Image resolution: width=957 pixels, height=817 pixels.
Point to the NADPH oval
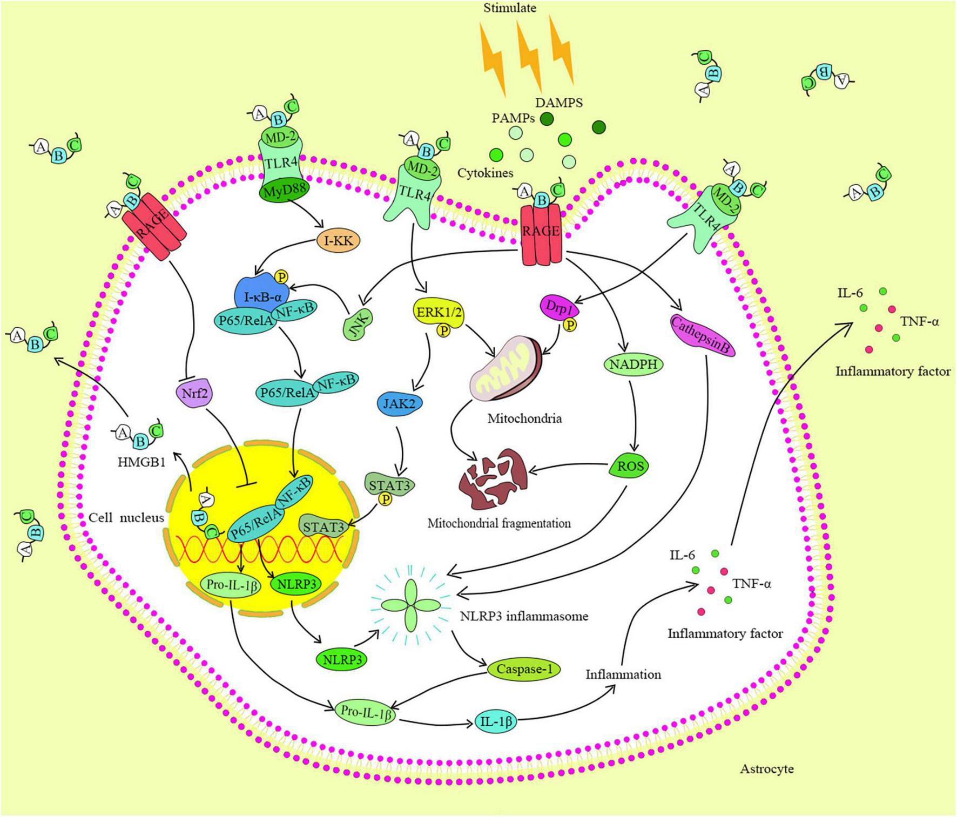pyautogui.click(x=632, y=364)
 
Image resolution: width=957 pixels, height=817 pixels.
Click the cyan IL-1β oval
pyautogui.click(x=496, y=721)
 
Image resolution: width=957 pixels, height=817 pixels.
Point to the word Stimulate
pyautogui.click(x=510, y=8)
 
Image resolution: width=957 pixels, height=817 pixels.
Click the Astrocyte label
pyautogui.click(x=766, y=768)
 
